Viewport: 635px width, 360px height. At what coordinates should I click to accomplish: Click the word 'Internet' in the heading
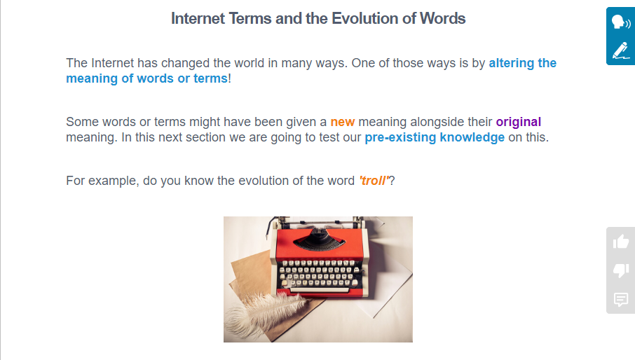tap(198, 19)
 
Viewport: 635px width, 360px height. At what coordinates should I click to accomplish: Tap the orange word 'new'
tap(343, 122)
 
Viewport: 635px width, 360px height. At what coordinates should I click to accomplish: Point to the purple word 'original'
tap(519, 122)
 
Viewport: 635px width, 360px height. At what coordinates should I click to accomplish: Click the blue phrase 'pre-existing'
tap(400, 137)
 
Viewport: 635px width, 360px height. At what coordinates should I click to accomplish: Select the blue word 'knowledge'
tap(472, 137)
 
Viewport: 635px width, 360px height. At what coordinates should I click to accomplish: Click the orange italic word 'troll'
tap(374, 181)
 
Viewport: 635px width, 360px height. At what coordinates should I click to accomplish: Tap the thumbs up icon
tap(621, 242)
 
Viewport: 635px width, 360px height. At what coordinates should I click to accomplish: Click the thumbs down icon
tap(621, 270)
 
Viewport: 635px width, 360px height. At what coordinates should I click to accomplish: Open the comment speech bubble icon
tap(621, 300)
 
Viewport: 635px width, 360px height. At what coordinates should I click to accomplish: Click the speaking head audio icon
tap(621, 22)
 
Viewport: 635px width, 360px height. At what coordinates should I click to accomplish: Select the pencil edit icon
tap(621, 50)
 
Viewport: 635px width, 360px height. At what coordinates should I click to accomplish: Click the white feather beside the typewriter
tap(264, 314)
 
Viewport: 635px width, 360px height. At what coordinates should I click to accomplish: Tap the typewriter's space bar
tap(320, 290)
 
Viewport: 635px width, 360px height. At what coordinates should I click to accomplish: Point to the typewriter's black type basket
tap(319, 239)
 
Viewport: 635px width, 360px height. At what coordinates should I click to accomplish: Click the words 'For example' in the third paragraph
tap(103, 181)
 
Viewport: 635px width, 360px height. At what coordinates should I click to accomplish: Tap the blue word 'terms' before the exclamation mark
tap(210, 78)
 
